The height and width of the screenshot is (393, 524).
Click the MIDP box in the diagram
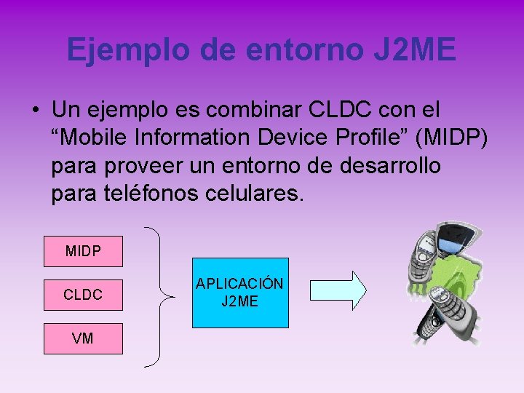point(83,251)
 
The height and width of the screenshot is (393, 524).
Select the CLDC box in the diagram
point(83,295)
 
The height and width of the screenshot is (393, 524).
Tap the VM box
point(83,338)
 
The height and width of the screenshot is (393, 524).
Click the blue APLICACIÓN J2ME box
point(240,292)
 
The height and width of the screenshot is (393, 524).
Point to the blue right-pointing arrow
point(338,290)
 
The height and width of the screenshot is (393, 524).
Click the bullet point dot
point(35,111)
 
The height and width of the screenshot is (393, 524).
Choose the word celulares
point(261,194)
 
